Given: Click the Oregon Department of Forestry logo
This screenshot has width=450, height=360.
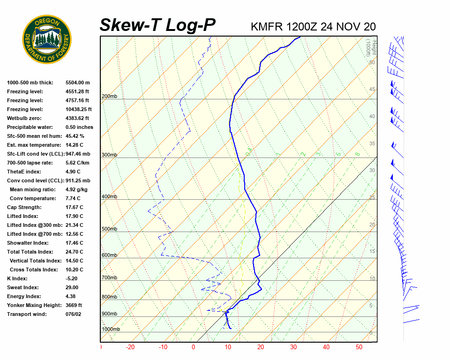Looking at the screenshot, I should (x=47, y=39).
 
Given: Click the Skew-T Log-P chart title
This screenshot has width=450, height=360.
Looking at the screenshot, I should (x=157, y=25).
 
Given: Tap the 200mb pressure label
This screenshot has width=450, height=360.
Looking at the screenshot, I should (x=109, y=97).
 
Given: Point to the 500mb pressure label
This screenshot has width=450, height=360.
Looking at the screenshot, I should (x=109, y=229).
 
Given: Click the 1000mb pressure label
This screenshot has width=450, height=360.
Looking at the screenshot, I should (x=111, y=330).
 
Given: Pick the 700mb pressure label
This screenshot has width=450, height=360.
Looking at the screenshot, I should (x=109, y=278).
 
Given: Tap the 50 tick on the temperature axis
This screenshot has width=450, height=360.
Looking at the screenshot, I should (x=359, y=347).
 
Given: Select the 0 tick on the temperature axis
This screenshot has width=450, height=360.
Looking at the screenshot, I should (x=193, y=347).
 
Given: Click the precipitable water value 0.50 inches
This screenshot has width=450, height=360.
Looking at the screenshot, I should (x=79, y=127).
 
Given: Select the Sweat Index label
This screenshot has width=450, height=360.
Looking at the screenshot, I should (x=23, y=287).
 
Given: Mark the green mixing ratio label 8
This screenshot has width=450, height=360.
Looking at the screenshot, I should (x=357, y=154).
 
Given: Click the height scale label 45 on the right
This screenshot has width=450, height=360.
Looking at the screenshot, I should (x=372, y=90).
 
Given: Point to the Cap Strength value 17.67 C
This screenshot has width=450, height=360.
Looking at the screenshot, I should (x=75, y=207).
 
